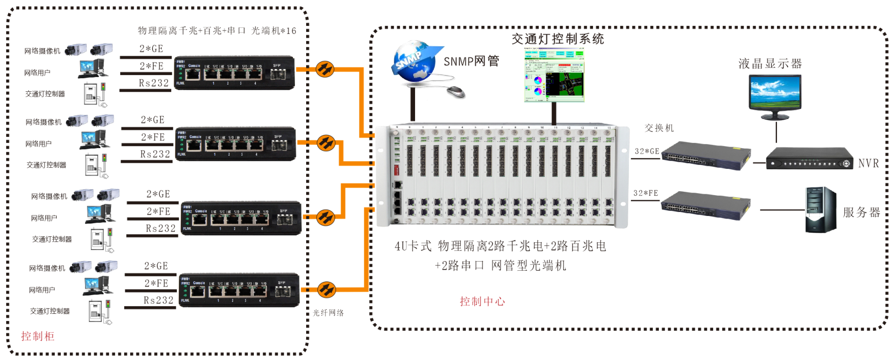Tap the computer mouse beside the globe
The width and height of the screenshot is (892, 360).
click(x=456, y=91)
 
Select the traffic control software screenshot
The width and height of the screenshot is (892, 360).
click(x=554, y=75)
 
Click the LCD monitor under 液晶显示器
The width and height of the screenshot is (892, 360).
click(x=775, y=95)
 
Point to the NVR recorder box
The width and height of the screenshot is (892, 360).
click(x=809, y=159)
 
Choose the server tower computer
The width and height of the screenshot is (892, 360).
click(x=821, y=210)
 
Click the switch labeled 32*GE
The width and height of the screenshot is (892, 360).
click(x=705, y=155)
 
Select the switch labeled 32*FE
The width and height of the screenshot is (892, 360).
click(x=705, y=205)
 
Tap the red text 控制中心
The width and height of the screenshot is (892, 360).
click(x=482, y=302)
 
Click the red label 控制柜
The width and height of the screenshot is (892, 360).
click(x=38, y=336)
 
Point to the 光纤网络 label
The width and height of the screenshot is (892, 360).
click(x=328, y=313)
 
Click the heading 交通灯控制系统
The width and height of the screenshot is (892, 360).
click(x=557, y=39)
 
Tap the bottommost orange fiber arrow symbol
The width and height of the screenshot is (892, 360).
click(x=326, y=290)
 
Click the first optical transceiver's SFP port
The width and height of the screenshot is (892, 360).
click(x=277, y=75)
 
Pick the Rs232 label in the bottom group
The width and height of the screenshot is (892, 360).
click(x=159, y=301)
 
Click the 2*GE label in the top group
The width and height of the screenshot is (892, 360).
click(x=152, y=49)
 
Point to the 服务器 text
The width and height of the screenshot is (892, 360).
click(x=861, y=212)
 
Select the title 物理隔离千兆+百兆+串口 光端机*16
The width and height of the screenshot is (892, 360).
click(x=217, y=31)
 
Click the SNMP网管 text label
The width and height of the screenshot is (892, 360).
click(x=471, y=61)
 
